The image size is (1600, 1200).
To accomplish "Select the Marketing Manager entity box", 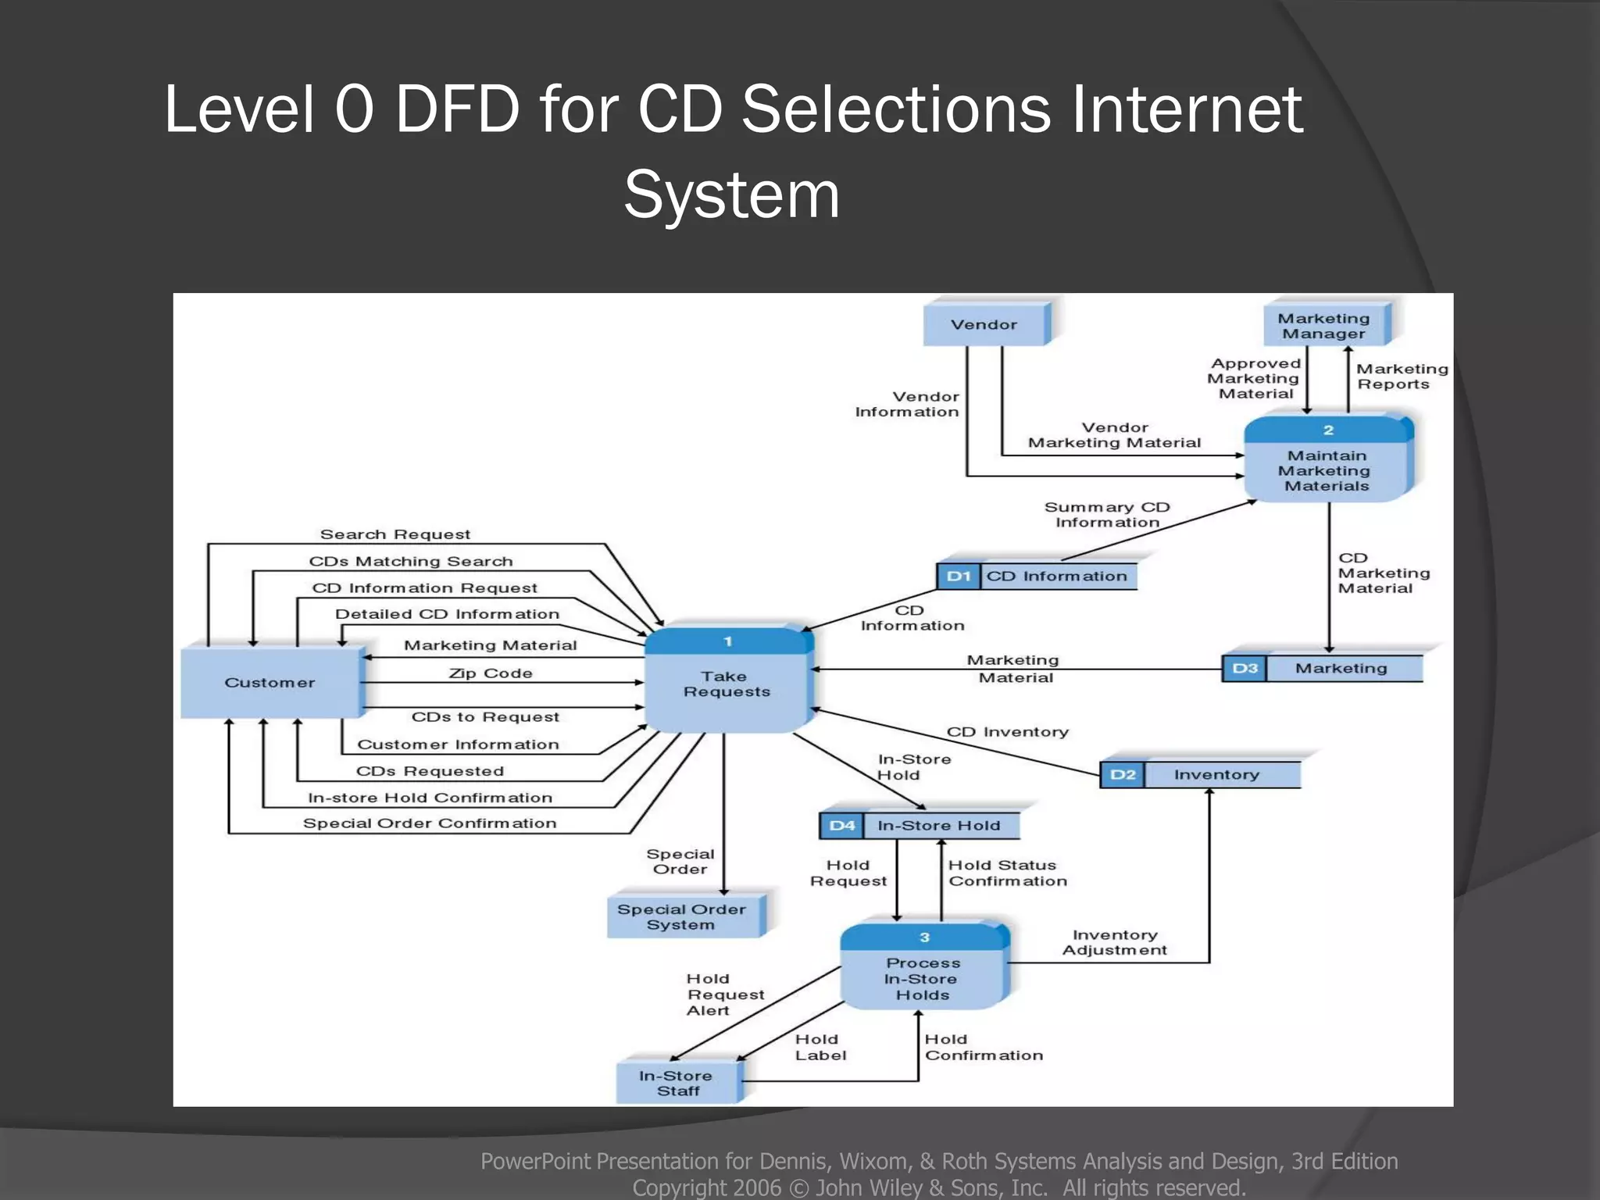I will coord(1325,326).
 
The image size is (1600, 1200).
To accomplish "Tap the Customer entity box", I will coord(270,682).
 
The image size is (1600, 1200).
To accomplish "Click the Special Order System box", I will coord(683,916).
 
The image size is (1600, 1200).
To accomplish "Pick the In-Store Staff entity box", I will coord(677,1083).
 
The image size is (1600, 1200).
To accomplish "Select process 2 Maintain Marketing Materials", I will coord(1327,462).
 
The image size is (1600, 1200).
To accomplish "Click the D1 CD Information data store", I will coord(1037,577).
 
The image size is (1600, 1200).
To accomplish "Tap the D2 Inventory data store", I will coord(1200,774).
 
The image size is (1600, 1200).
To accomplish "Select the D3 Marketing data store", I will coord(1322,669).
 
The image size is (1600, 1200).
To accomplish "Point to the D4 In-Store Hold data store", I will coord(920,826).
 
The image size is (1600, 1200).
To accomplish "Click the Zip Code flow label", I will coord(491,673).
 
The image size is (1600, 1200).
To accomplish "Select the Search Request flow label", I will coord(395,534).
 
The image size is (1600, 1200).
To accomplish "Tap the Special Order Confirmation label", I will coord(430,823).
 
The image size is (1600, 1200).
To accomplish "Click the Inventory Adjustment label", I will coord(1115,942).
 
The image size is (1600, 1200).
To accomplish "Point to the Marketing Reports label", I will coord(1401,377).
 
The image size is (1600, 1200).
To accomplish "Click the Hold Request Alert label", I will coord(723,994).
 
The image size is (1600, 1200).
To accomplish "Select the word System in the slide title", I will coord(731,195).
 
